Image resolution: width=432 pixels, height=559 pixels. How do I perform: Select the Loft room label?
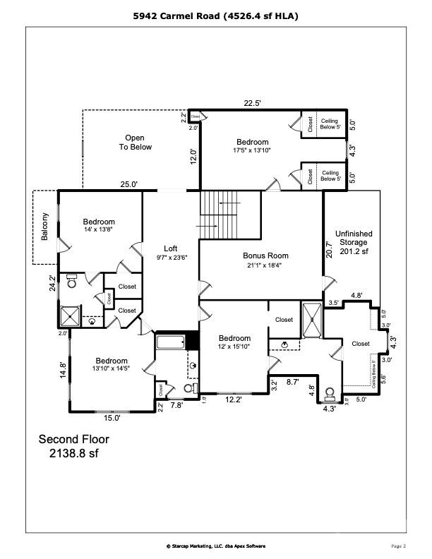click(x=170, y=248)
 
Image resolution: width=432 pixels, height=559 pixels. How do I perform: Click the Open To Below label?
click(x=134, y=142)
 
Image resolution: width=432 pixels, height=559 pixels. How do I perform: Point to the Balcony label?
click(x=44, y=227)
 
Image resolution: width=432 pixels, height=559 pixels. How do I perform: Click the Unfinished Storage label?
click(x=354, y=242)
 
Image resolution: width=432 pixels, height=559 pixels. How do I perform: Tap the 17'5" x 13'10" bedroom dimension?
click(x=252, y=150)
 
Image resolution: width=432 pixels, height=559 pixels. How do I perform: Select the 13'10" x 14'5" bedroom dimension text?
click(x=112, y=368)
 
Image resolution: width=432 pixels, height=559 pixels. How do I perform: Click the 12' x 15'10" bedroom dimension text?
click(x=234, y=347)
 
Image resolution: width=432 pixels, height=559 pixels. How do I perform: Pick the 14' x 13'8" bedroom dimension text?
click(x=98, y=230)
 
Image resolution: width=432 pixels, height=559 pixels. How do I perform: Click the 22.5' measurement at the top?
click(x=253, y=103)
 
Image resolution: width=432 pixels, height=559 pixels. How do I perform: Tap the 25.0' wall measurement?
click(x=128, y=184)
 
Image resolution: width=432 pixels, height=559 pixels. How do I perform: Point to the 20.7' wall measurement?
click(x=329, y=248)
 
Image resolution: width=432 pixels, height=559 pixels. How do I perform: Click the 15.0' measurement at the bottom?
click(x=112, y=418)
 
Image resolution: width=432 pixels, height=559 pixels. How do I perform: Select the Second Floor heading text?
click(x=73, y=439)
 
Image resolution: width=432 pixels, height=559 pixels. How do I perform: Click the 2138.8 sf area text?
click(x=73, y=453)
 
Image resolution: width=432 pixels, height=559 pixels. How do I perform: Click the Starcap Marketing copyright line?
click(x=216, y=546)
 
